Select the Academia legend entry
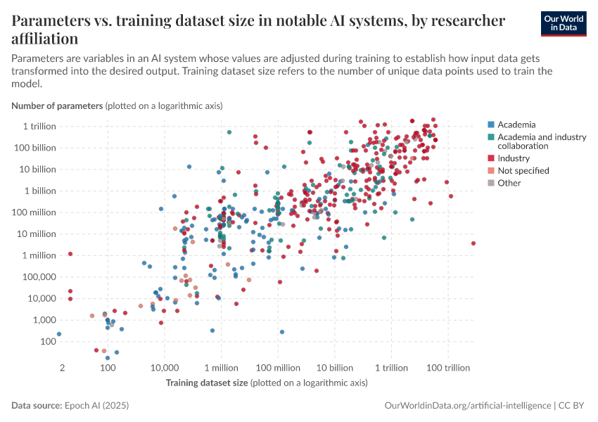point(516,124)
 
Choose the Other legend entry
point(509,183)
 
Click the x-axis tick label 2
point(62,369)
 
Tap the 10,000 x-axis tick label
point(165,369)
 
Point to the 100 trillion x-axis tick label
point(448,369)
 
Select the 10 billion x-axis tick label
point(334,369)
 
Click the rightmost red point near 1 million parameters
point(473,243)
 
